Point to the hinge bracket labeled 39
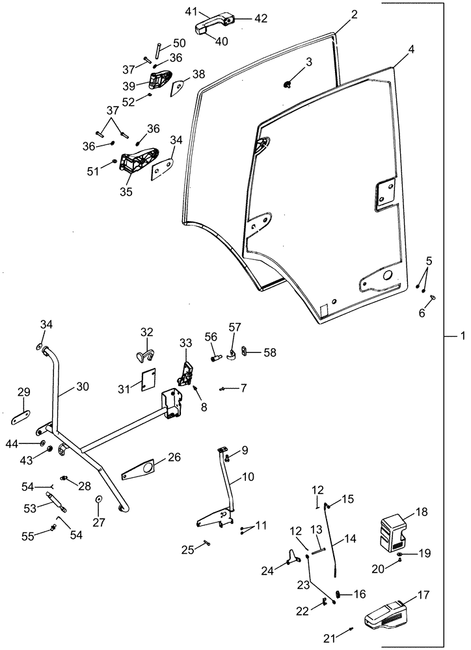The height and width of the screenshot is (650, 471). [158, 81]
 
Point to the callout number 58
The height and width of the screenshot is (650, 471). [269, 352]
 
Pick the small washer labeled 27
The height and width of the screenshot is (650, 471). [98, 499]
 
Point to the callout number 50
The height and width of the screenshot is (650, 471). [179, 43]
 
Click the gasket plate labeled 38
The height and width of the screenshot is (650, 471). [178, 87]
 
